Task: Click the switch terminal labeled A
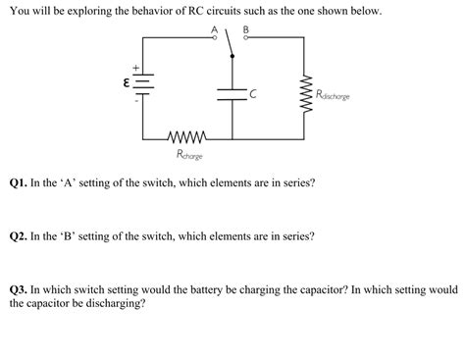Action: tap(216, 39)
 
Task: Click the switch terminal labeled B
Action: tap(246, 39)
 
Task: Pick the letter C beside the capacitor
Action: tap(253, 94)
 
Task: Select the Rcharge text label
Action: tap(190, 154)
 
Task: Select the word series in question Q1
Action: tap(294, 183)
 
